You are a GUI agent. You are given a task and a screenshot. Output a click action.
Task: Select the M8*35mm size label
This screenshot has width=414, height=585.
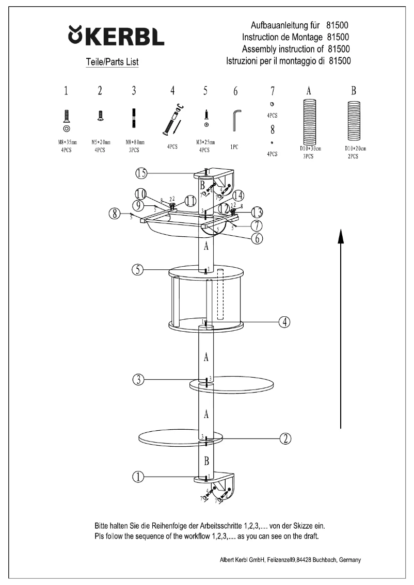coord(66,141)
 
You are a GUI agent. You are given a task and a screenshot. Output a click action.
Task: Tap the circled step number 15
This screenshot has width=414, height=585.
coord(142,173)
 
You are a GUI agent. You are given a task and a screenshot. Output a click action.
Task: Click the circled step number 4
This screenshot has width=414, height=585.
coord(284,322)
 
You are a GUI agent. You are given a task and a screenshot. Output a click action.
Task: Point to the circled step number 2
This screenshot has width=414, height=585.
coord(285,438)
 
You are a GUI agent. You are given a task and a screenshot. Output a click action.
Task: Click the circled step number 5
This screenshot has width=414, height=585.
coord(137,269)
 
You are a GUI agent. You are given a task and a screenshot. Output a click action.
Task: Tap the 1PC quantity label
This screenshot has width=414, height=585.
coord(234,147)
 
